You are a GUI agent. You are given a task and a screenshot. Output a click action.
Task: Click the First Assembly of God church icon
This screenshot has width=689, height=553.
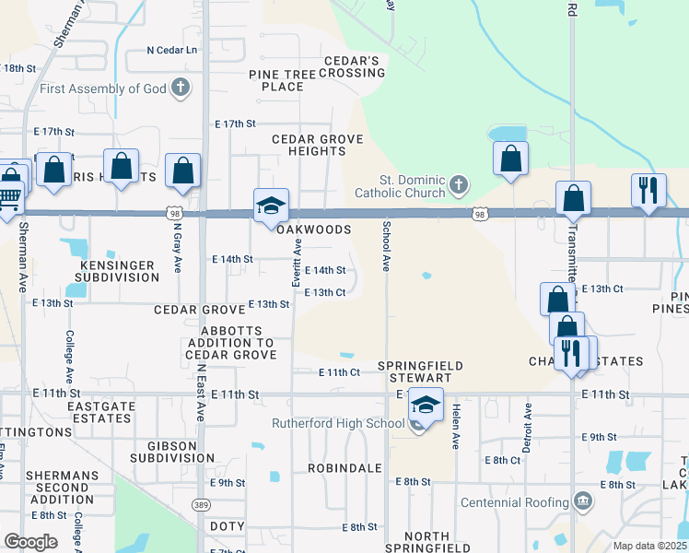point(181,88)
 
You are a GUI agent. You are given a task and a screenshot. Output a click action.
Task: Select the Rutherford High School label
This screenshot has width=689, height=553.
point(338,424)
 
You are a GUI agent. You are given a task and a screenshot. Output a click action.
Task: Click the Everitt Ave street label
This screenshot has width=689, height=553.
point(298,263)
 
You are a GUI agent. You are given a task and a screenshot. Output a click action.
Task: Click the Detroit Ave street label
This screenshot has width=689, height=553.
point(529,424)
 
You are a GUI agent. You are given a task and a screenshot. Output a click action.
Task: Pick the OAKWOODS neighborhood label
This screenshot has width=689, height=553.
point(314,229)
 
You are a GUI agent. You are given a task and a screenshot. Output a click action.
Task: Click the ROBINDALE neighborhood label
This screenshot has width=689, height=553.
point(344,468)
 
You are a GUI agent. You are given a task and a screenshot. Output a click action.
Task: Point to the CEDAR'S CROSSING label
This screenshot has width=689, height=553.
point(351,67)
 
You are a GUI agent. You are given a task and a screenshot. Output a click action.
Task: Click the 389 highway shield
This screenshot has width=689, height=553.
point(201,505)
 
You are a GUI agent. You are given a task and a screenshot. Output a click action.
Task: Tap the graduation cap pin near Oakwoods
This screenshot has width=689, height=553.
point(272,206)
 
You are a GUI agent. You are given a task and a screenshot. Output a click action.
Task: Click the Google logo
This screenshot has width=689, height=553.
point(30,541)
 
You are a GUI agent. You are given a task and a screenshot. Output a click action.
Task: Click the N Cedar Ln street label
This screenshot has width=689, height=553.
point(172,51)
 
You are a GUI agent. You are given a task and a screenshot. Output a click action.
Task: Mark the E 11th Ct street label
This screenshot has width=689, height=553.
point(339,372)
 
